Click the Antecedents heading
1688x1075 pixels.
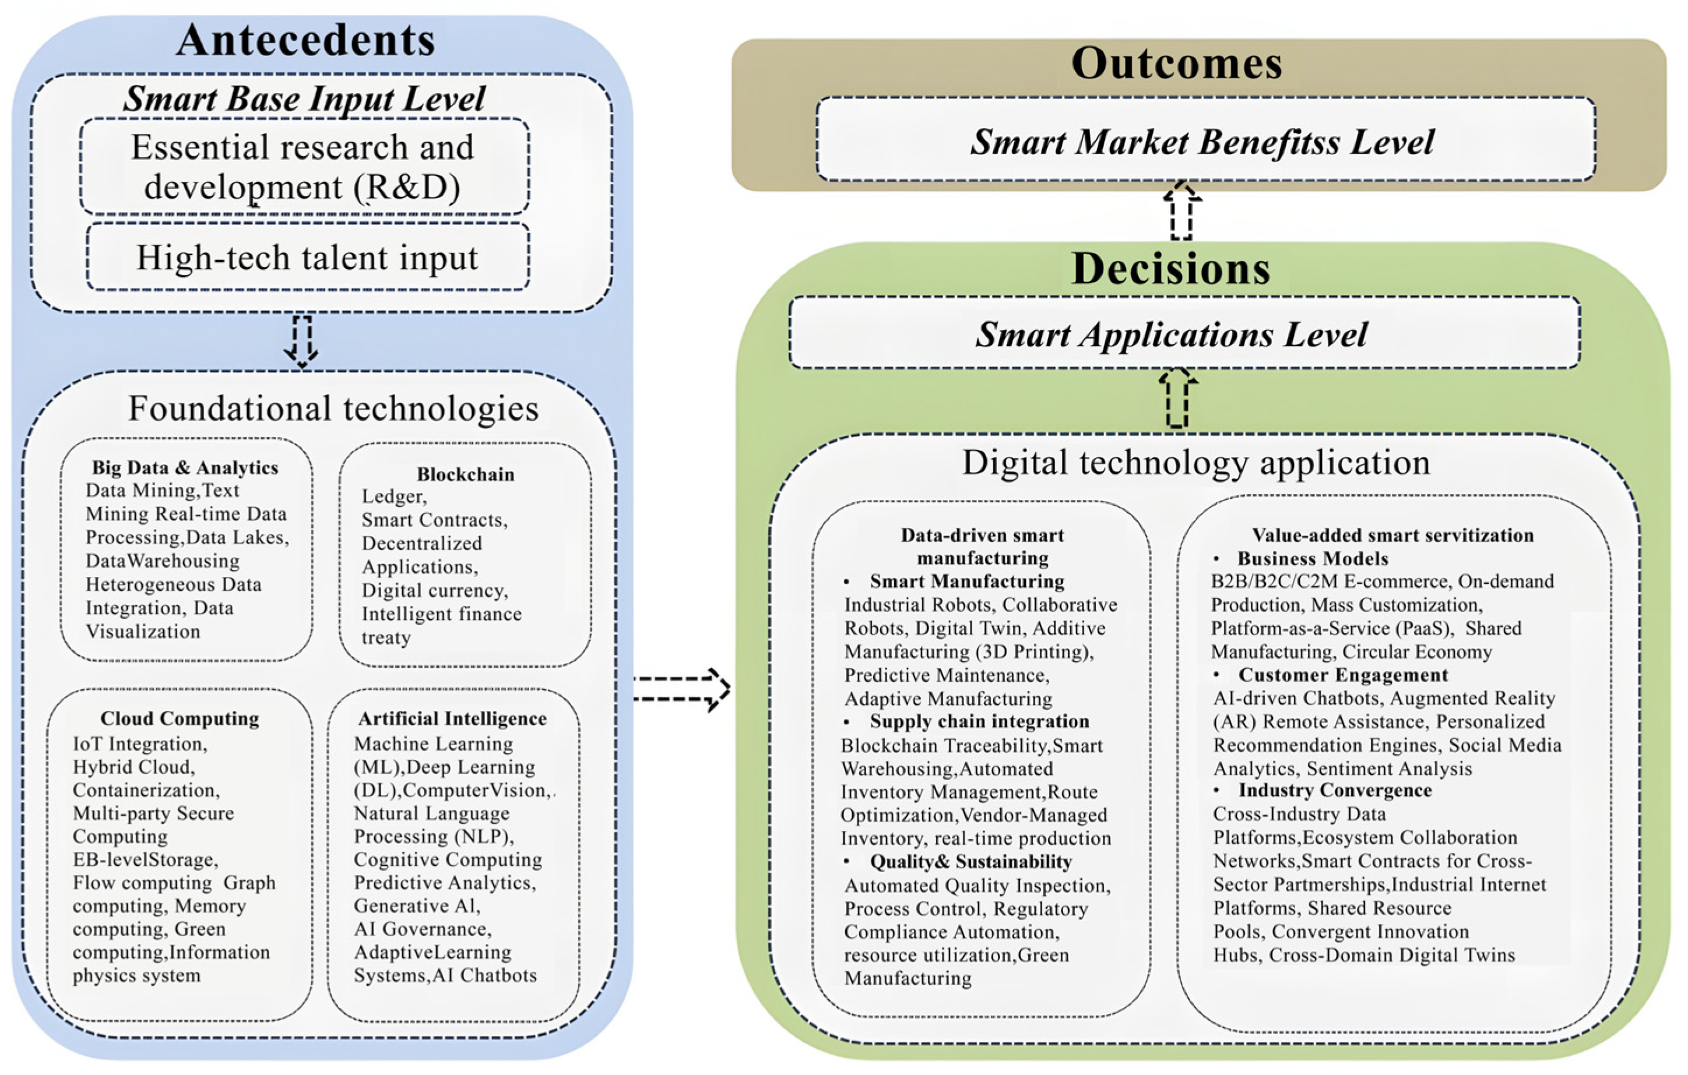305,40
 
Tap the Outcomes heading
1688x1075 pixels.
1176,63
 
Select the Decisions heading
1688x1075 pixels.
1170,269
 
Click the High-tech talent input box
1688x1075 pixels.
307,257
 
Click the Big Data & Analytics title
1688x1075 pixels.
185,467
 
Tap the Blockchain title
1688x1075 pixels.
466,474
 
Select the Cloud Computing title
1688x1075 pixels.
180,718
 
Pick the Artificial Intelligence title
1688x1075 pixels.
452,718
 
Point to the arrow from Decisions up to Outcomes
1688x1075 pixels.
1182,211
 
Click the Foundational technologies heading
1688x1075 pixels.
333,408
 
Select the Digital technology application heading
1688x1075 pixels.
1196,463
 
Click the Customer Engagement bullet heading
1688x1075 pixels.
1342,675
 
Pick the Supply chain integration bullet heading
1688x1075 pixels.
979,721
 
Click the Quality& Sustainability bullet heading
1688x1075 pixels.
971,861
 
